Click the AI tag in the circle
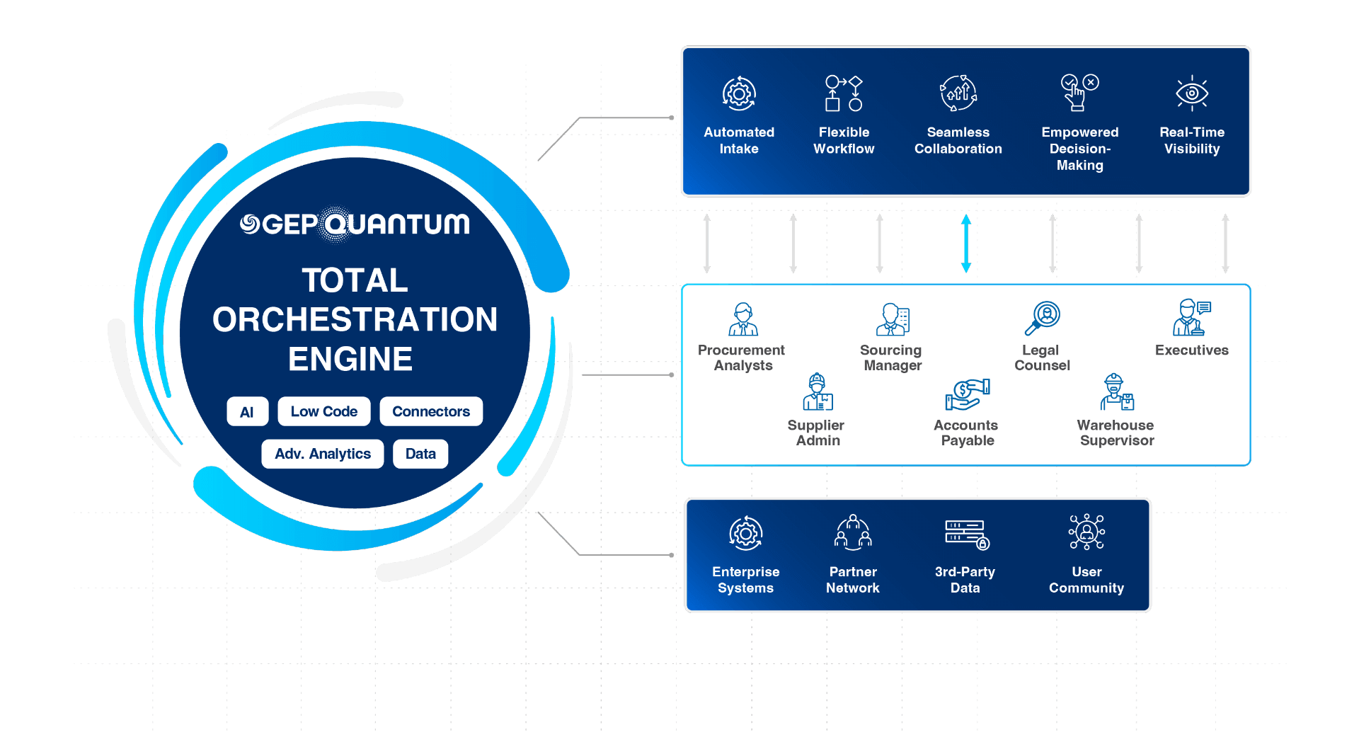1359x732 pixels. tap(247, 412)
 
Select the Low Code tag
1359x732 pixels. tap(323, 411)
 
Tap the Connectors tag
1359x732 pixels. tap(430, 411)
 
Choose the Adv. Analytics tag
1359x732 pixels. tap(322, 454)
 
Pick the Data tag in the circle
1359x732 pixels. tap(420, 454)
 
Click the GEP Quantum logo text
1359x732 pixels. tap(355, 224)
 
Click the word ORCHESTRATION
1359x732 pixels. tap(355, 319)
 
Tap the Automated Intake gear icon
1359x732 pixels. tap(739, 93)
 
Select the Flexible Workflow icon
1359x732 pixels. tap(844, 93)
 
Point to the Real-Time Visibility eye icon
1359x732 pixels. tap(1192, 93)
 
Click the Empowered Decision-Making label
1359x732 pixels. tap(1079, 149)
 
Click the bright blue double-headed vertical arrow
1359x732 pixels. tap(966, 244)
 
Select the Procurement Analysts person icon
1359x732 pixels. tap(743, 319)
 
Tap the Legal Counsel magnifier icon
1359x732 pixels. tap(1043, 318)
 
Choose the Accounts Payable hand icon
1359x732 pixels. tap(967, 394)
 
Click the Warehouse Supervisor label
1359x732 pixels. tap(1116, 433)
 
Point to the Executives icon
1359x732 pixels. tap(1192, 317)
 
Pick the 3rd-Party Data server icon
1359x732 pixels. tap(966, 534)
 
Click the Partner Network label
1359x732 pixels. tap(852, 580)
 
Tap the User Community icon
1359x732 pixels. tap(1086, 532)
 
